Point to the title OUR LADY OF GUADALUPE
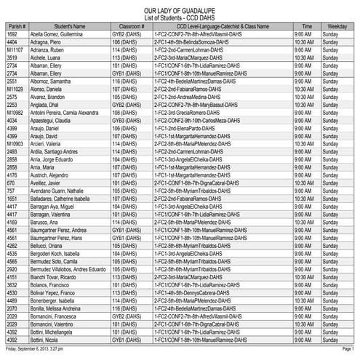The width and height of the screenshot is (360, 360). pos(180,6)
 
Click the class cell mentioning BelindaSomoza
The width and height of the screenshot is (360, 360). pos(196,41)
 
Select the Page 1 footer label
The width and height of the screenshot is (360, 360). pos(347,349)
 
